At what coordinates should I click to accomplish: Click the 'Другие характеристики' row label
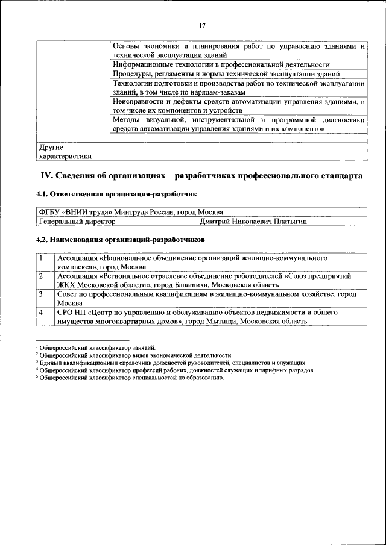(66, 151)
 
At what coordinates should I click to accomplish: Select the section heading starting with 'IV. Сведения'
(201, 176)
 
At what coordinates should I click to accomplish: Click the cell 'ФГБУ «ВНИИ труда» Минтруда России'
(130, 213)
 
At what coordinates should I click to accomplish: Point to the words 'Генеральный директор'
(77, 222)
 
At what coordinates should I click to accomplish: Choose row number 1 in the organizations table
(40, 258)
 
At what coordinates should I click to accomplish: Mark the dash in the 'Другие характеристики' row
(114, 146)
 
